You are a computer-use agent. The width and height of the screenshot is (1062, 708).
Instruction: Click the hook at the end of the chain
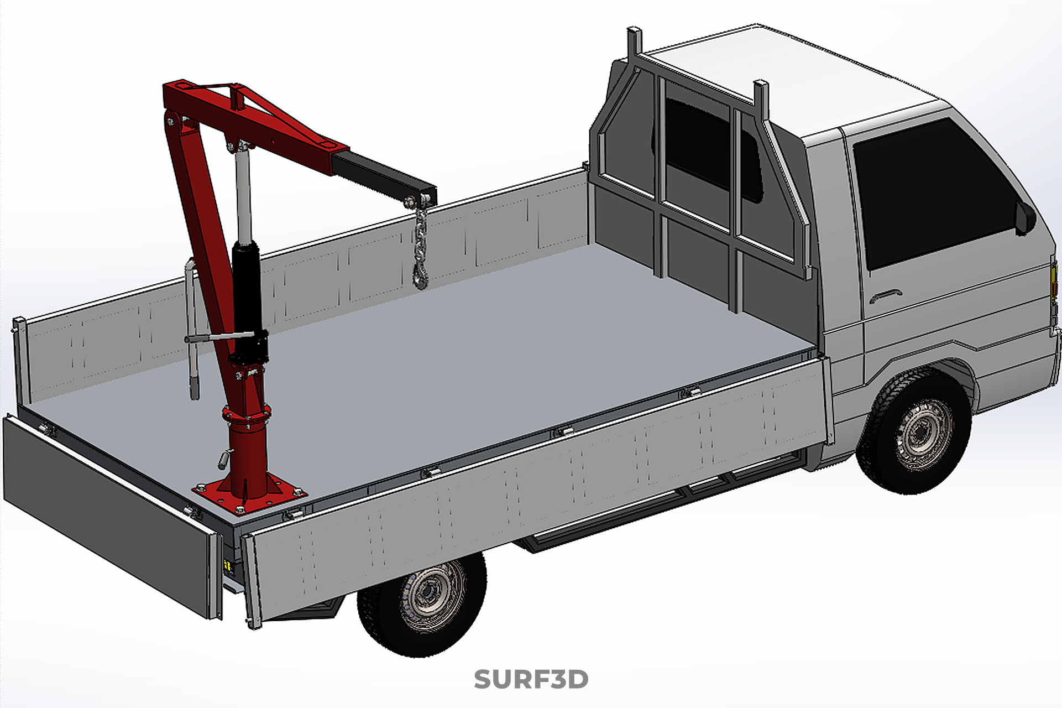(421, 277)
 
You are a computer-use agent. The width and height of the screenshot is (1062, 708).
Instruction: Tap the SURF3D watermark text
(531, 680)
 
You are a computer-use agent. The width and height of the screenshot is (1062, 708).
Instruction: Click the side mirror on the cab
(1024, 217)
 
